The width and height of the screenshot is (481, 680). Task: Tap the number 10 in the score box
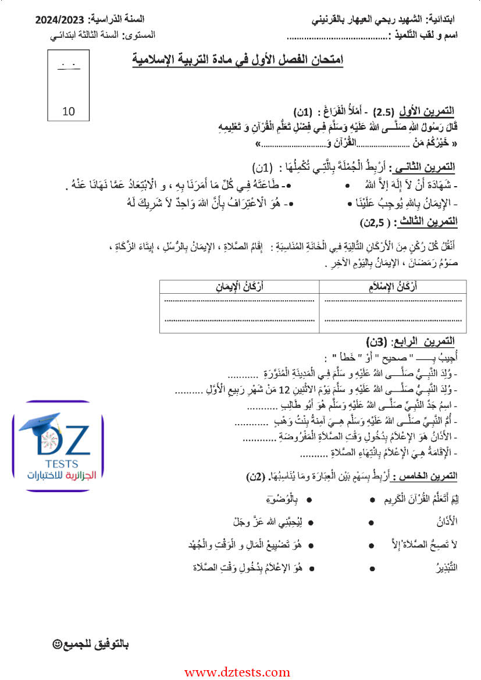click(69, 111)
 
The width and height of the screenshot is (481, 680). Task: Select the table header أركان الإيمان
click(240, 286)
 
